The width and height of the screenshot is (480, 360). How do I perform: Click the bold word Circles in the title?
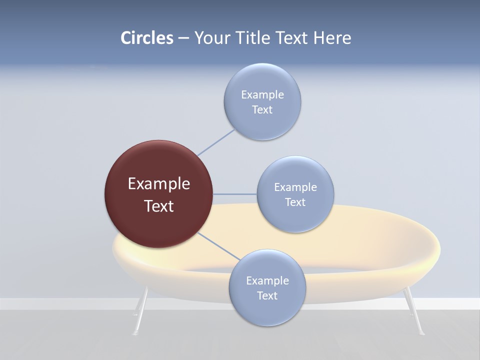[147, 38]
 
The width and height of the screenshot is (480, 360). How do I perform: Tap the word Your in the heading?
[211, 38]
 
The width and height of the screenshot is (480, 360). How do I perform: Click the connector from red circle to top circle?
[216, 142]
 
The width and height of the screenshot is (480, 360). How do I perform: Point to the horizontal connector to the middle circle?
[235, 194]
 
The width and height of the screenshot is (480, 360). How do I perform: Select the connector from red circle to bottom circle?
[219, 246]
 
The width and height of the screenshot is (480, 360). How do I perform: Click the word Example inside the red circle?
[159, 184]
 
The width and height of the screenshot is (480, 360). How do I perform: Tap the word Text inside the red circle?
[159, 206]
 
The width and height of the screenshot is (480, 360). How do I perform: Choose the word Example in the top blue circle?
[262, 94]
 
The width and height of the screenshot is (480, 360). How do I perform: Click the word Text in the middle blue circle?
[295, 202]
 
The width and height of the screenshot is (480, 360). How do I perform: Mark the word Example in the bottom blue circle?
[267, 280]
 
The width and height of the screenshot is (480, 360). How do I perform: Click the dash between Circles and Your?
[183, 38]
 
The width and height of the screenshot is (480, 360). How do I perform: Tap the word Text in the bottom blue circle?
[267, 295]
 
